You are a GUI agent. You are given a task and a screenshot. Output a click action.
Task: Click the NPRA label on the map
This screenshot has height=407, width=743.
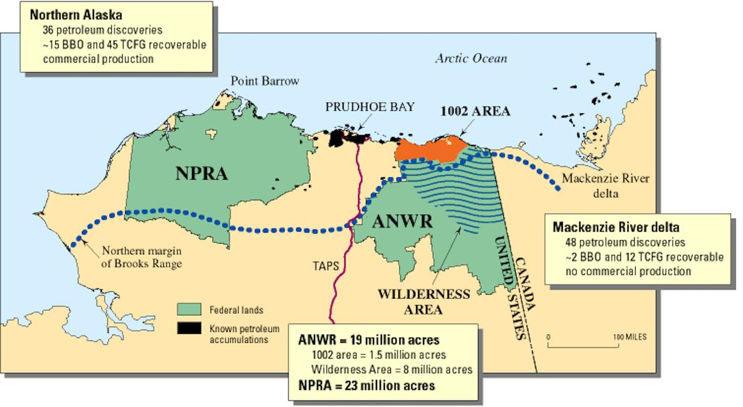(x=201, y=174)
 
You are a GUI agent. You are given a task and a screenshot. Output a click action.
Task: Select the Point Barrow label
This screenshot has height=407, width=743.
(x=264, y=81)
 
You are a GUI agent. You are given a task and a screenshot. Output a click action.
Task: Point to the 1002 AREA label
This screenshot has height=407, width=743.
(x=475, y=112)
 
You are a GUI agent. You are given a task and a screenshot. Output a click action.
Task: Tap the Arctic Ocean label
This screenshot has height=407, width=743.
(x=471, y=59)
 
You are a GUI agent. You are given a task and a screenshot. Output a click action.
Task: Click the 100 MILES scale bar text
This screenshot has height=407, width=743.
(x=630, y=337)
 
